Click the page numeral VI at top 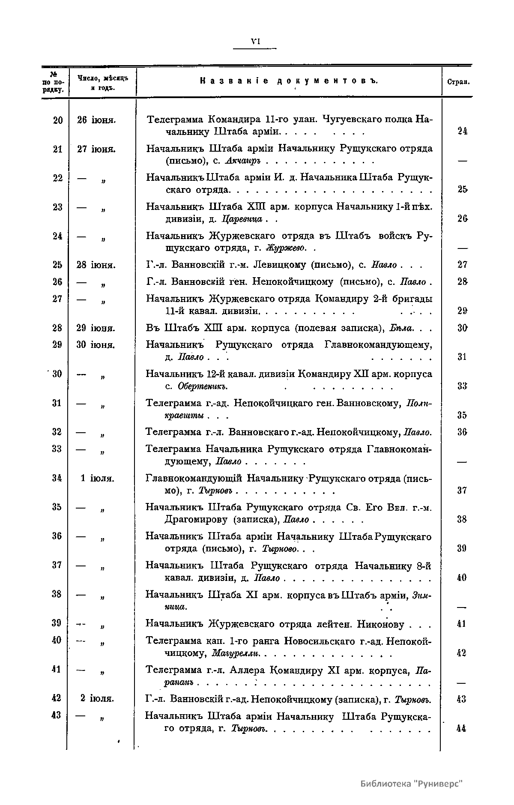[256, 42]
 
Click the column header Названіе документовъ [290, 81]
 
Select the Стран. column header [458, 82]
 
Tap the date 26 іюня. [96, 120]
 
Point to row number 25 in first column [57, 265]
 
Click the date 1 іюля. [97, 478]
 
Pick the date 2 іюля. [97, 699]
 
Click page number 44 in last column [461, 728]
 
